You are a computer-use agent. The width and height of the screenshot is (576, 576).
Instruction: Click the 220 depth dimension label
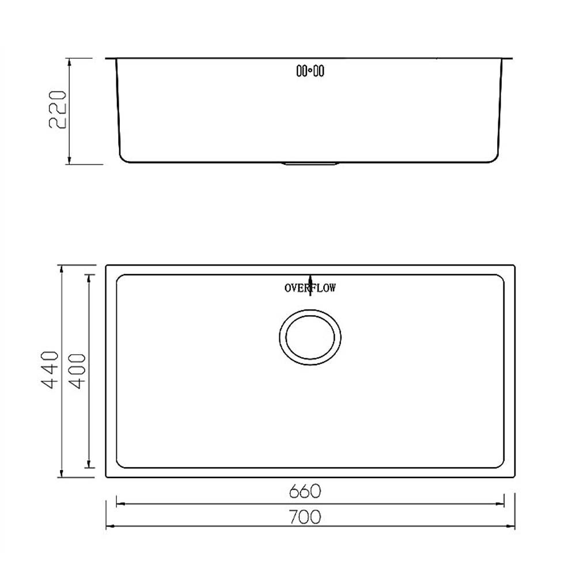[x=58, y=109]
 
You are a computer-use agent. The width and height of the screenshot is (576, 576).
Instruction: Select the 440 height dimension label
[x=49, y=370]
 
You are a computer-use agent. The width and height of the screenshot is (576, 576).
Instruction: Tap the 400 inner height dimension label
[x=77, y=371]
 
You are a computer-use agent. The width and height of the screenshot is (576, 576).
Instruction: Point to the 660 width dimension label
[x=305, y=491]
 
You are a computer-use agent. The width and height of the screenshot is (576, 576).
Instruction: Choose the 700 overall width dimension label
[x=305, y=517]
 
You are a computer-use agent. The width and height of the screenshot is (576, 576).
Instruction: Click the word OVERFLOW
[x=310, y=287]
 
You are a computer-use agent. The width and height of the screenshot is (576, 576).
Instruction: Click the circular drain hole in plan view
[x=310, y=337]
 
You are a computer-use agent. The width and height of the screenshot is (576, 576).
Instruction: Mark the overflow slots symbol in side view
[x=310, y=70]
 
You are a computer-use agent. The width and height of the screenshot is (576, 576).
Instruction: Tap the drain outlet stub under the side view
[x=310, y=164]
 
